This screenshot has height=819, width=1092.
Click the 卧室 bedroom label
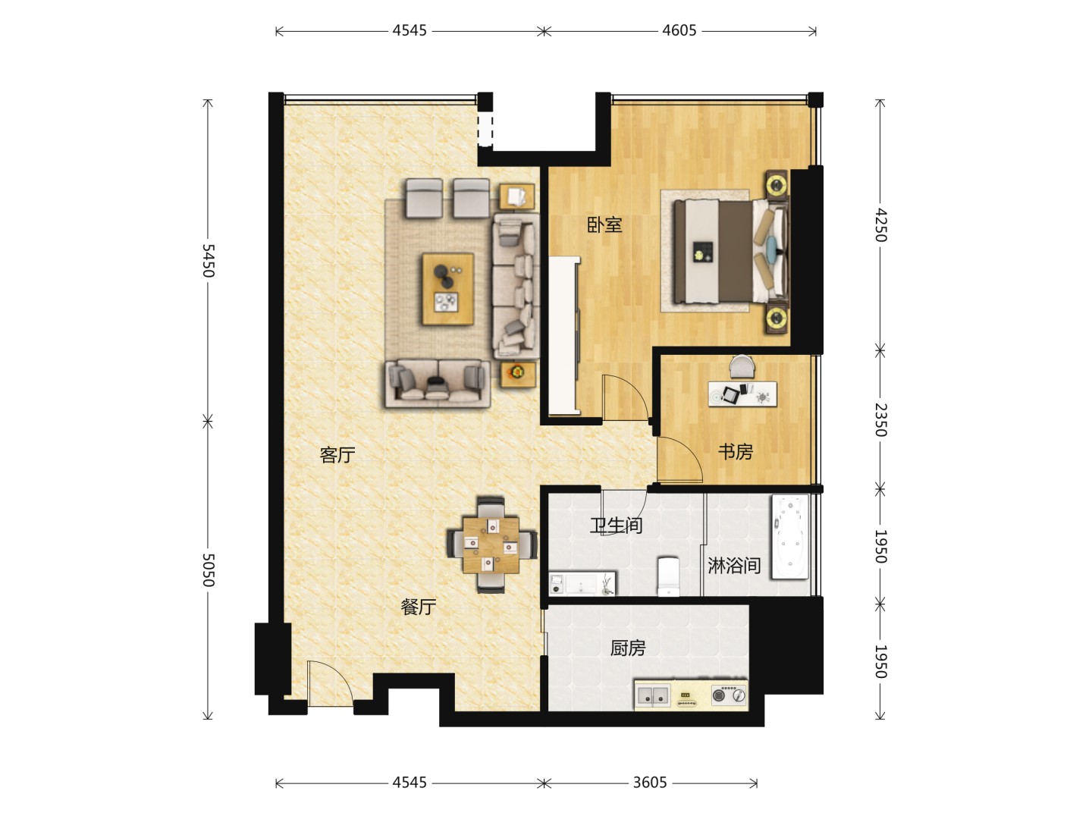click(x=604, y=224)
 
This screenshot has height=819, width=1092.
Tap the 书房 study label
click(x=736, y=451)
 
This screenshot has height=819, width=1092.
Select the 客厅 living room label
click(x=337, y=455)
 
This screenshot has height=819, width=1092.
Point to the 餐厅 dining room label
click(x=419, y=607)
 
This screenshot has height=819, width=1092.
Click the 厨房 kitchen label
click(x=628, y=648)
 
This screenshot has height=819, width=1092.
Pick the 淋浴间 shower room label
click(x=734, y=566)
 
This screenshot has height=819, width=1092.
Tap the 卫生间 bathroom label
click(x=617, y=526)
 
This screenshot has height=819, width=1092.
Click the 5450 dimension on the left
click(x=208, y=261)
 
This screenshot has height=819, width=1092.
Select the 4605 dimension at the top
click(x=679, y=31)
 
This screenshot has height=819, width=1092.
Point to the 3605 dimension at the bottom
click(x=650, y=783)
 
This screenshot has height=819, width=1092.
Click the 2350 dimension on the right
click(x=880, y=419)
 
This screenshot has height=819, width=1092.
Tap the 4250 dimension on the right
click(x=880, y=225)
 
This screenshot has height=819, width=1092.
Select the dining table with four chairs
click(x=491, y=544)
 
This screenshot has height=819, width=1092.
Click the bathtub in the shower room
click(x=790, y=537)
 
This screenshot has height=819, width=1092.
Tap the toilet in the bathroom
click(x=668, y=576)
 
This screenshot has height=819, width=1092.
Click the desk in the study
click(x=742, y=394)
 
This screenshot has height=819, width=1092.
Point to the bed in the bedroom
click(x=730, y=251)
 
